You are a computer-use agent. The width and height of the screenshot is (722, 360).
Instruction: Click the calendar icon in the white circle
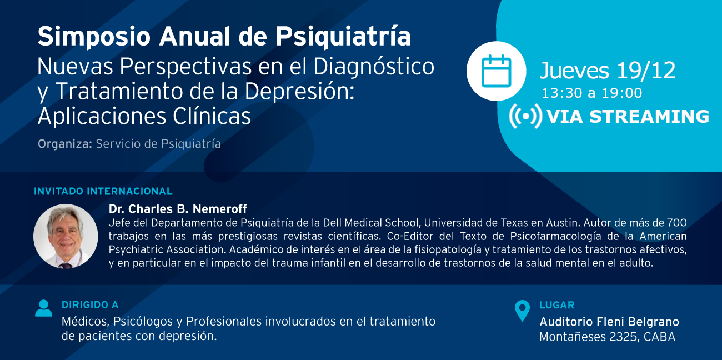click(x=496, y=71)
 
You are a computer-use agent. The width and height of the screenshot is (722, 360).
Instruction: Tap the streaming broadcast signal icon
click(x=526, y=116)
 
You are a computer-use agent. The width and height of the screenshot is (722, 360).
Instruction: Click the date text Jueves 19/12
click(x=608, y=70)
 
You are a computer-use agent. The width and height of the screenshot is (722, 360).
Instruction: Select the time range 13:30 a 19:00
click(x=592, y=93)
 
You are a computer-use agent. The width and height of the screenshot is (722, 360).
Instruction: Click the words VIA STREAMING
click(x=628, y=116)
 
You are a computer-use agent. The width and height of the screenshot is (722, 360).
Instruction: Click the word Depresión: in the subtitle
click(x=299, y=91)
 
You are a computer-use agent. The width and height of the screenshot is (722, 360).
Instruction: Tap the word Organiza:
click(x=65, y=144)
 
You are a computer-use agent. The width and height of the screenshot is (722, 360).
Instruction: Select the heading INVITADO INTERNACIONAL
click(x=103, y=192)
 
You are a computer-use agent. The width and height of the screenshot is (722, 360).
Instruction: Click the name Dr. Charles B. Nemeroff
click(x=178, y=209)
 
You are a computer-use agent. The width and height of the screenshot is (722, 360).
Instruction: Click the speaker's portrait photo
click(x=66, y=236)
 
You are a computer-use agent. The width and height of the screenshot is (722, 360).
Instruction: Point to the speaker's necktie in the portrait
click(x=67, y=266)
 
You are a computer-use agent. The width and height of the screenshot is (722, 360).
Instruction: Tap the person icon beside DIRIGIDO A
click(x=43, y=308)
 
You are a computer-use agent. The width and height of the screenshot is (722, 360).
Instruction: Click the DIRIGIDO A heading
click(x=90, y=305)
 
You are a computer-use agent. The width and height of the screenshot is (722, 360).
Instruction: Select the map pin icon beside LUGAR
click(x=522, y=311)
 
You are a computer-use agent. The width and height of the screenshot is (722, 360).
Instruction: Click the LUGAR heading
click(x=557, y=305)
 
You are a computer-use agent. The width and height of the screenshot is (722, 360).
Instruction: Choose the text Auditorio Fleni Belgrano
click(x=609, y=322)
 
